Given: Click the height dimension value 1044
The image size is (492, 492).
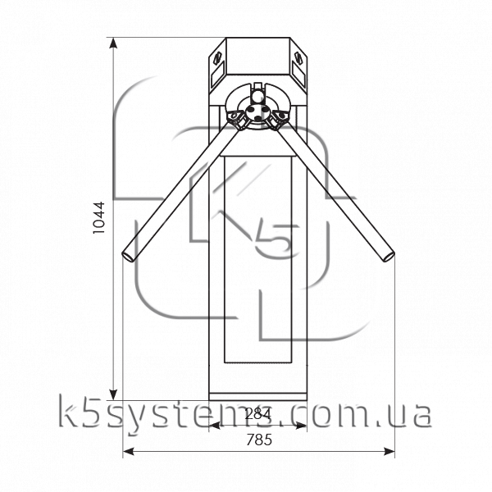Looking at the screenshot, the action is click(99, 217).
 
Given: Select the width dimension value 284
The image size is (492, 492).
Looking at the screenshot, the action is click(258, 414).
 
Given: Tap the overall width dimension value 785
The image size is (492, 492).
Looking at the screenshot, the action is click(259, 440).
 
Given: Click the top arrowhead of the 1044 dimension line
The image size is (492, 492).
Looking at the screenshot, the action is click(113, 43).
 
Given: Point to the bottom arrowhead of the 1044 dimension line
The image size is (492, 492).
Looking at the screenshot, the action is click(113, 394).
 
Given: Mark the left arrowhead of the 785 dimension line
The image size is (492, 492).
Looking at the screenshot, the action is click(128, 452).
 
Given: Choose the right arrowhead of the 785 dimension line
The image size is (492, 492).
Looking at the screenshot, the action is click(389, 452).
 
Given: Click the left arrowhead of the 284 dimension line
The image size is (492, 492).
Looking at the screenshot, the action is click(214, 426).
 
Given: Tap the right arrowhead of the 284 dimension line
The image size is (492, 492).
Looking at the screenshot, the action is click(302, 426).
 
